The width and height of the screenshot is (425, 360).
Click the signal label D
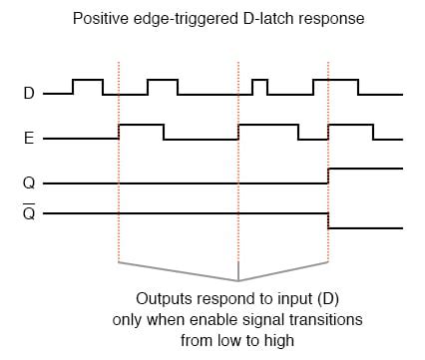click(29, 93)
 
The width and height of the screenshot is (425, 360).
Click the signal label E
click(29, 138)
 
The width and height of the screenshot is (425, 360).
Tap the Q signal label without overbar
click(29, 183)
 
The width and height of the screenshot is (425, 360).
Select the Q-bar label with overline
click(29, 212)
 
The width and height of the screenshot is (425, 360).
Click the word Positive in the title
click(101, 18)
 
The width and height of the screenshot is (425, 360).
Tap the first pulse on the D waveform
click(88, 80)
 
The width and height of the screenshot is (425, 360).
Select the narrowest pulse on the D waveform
click(260, 80)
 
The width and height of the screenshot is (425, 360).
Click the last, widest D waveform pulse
click(336, 80)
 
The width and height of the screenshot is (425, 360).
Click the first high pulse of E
click(142, 125)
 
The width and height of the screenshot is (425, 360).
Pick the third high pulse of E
click(351, 125)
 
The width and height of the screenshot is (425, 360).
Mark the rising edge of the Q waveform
click(328, 176)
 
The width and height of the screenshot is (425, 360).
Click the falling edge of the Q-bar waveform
click(328, 220)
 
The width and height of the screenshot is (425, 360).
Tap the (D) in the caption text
click(328, 299)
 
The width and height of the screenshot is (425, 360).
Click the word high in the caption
click(279, 341)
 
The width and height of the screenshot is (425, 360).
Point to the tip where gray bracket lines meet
click(238, 281)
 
